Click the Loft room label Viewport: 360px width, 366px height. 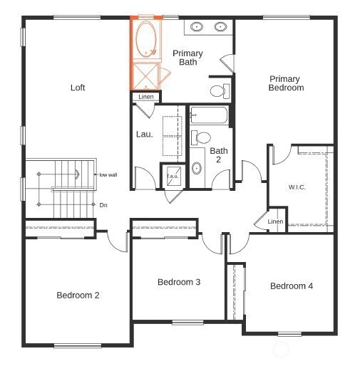78,88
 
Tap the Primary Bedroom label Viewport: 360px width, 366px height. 285,83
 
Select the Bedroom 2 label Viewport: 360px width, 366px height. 78,295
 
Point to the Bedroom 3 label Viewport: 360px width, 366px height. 178,282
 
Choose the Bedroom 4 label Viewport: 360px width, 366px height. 291,286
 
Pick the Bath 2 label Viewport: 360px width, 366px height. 218,155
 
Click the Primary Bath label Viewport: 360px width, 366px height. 187,58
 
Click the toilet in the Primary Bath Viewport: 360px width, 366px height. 220,90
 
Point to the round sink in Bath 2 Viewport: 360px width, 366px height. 197,169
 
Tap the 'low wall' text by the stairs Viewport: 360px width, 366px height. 108,174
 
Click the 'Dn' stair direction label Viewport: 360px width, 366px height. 103,205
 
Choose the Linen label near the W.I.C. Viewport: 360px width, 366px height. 275,221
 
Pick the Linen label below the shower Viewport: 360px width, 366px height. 146,97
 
